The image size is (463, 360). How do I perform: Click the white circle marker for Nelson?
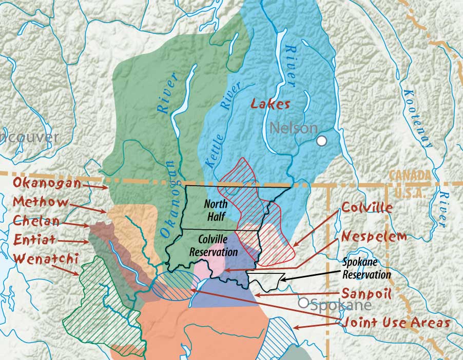322,141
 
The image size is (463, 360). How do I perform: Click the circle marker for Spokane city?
304,303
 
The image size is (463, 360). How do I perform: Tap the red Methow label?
41,202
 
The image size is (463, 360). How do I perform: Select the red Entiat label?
35,239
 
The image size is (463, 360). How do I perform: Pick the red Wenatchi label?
46,258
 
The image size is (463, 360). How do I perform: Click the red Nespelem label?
374,236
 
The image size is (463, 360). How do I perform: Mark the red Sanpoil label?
366,294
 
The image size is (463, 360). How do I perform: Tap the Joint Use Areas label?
396,323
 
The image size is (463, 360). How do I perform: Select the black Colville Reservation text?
214,245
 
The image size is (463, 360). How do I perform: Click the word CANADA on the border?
410,175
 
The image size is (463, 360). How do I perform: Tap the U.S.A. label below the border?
410,193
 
